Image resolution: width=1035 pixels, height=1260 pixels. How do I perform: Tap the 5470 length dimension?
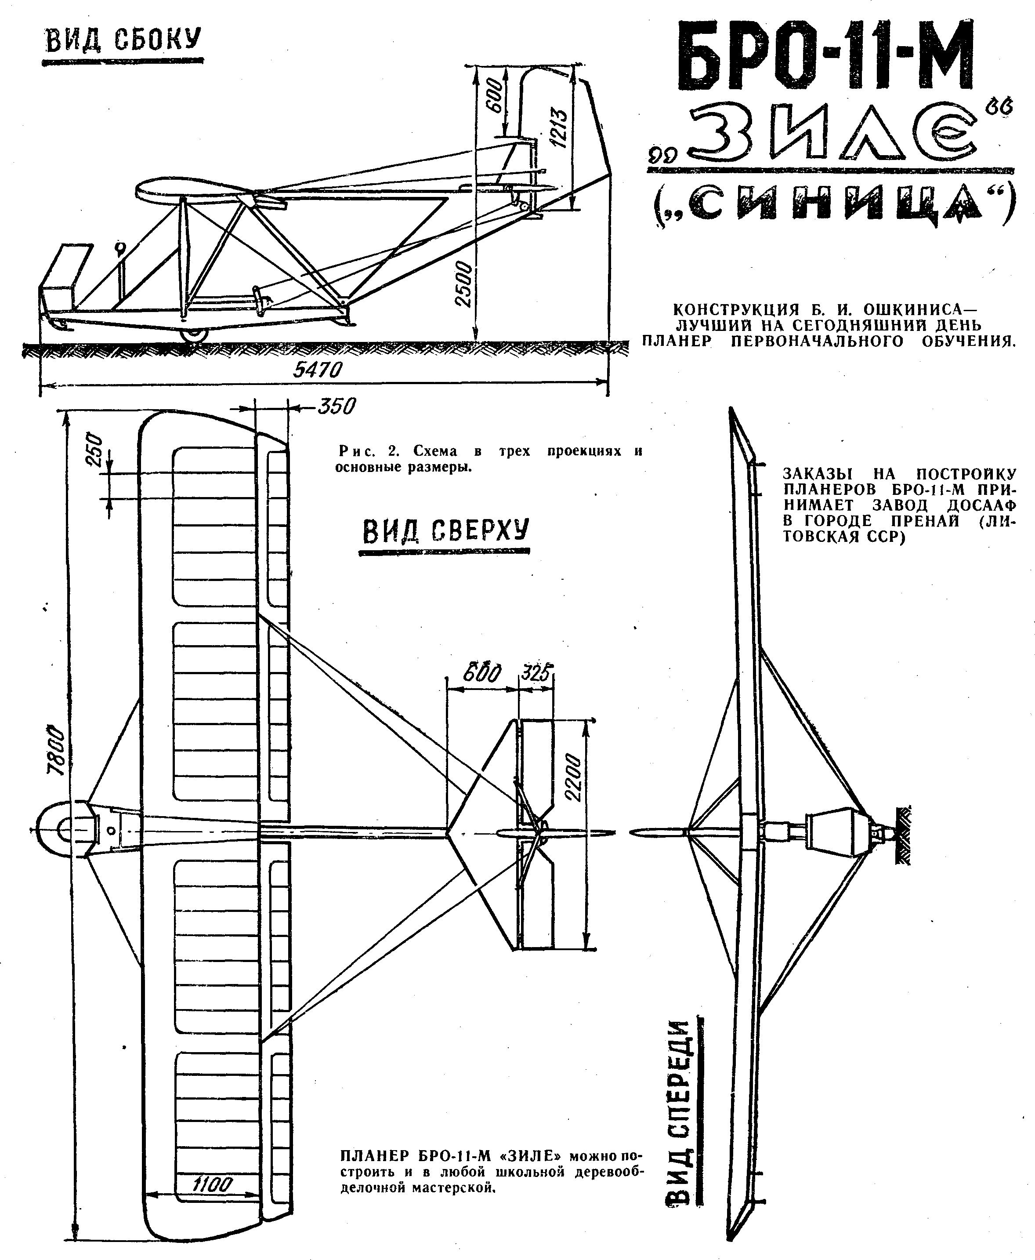(318, 370)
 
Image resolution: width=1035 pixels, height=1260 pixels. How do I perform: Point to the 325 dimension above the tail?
(536, 673)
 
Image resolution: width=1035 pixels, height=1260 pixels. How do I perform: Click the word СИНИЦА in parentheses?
(831, 205)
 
